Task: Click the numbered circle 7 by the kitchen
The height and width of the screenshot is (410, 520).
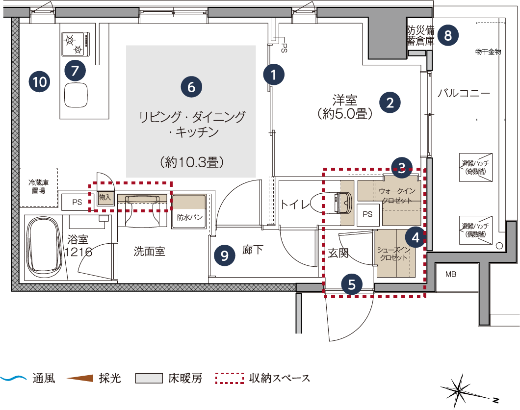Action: click(75, 70)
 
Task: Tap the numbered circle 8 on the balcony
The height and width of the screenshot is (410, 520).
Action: click(448, 35)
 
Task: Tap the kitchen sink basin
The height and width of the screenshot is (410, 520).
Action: click(76, 95)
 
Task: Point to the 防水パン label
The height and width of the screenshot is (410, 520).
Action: click(190, 217)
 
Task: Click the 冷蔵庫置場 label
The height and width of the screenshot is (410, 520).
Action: click(38, 186)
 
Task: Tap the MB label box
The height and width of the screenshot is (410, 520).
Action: click(451, 275)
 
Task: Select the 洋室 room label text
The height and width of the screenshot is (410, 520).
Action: click(344, 100)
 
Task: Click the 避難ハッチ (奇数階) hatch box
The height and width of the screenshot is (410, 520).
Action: click(475, 167)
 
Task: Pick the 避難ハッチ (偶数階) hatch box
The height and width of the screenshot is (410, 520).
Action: click(475, 231)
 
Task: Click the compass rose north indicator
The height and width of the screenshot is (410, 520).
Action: click(459, 391)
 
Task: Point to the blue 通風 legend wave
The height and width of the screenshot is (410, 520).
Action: click(13, 378)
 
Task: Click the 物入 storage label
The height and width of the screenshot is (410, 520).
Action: click(105, 197)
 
